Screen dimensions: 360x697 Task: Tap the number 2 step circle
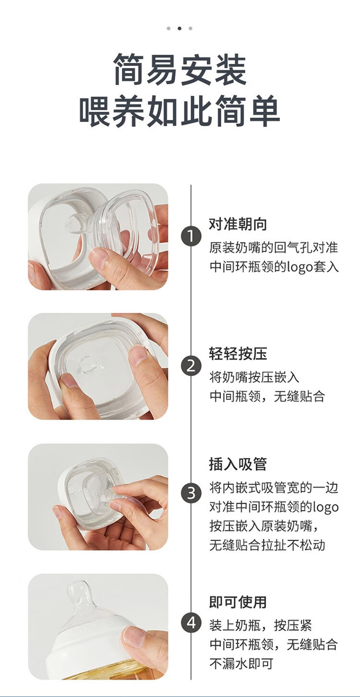[191, 366]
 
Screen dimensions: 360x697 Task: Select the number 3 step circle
[191, 493]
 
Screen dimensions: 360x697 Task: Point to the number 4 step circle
[191, 623]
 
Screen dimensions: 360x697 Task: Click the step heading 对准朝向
[238, 224]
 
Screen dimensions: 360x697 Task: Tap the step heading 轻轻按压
[238, 353]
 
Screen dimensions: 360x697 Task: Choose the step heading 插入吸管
[238, 464]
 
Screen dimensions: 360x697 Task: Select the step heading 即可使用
[238, 602]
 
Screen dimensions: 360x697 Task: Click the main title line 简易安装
[180, 70]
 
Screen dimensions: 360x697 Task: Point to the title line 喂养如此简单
[180, 111]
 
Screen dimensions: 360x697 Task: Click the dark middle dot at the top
[180, 28]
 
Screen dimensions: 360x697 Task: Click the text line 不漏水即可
[241, 663]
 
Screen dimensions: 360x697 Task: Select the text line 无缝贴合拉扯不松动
[267, 544]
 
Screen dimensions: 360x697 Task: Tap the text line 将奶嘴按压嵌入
[254, 377]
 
